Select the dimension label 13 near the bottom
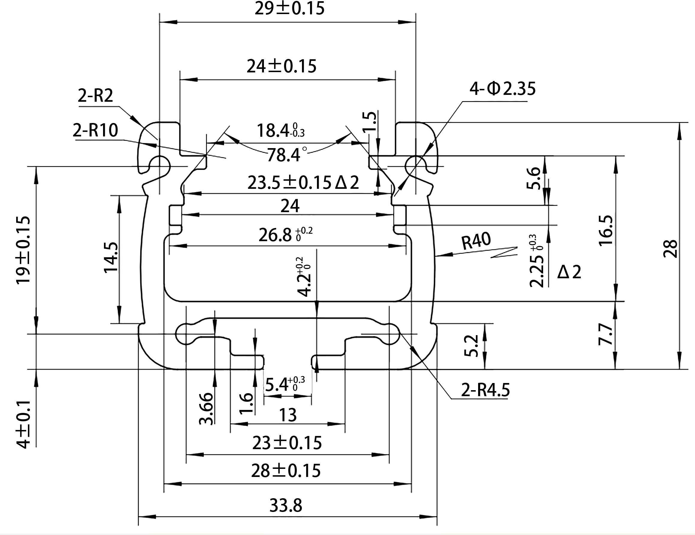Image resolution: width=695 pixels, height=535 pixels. [x=288, y=415]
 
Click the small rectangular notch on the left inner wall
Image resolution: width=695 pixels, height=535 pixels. [x=175, y=215]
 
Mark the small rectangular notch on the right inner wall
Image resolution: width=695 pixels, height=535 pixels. [x=400, y=215]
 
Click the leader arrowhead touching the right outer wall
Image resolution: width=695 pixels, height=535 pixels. [x=443, y=255]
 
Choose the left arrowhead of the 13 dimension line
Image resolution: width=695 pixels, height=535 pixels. [x=239, y=424]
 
